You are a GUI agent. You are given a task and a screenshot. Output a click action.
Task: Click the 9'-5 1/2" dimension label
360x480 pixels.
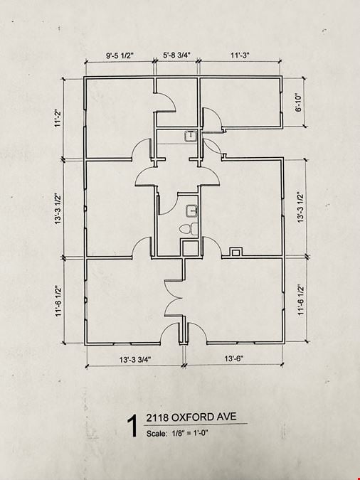120,55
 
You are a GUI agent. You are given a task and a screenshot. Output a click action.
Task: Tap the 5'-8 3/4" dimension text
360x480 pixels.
176,55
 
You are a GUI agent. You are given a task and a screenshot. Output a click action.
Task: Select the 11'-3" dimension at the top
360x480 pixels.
240,55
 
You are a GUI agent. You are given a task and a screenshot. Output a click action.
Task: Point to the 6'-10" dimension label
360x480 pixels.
299,102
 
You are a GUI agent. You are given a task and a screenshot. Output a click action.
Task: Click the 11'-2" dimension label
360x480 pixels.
58,119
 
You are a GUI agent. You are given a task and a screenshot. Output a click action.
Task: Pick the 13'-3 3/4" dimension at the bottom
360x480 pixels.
135,359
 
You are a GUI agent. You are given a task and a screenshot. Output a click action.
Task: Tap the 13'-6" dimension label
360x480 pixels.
234,358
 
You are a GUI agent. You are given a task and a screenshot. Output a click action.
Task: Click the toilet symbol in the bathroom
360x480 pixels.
189,229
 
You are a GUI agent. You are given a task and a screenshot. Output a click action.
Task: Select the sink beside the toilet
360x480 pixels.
191,211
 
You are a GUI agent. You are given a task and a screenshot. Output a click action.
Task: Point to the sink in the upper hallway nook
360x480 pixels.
191,136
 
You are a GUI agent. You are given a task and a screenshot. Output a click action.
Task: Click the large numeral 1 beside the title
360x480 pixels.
132,426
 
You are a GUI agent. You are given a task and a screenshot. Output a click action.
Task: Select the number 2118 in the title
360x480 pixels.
157,417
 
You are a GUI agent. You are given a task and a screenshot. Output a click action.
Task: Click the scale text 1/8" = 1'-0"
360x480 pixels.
190,433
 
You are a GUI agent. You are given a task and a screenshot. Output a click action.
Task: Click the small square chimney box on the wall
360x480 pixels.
235,252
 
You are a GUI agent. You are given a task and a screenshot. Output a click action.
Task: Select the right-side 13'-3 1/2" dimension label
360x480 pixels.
300,207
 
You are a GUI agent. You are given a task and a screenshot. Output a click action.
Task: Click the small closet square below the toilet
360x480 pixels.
190,248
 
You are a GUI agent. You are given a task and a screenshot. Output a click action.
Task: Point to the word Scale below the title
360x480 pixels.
157,434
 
